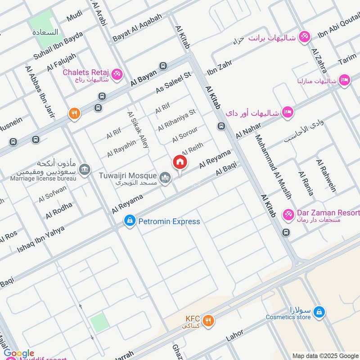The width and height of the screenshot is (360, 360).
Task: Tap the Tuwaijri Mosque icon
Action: tap(166, 178)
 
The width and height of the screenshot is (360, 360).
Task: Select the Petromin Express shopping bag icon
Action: tap(130, 221)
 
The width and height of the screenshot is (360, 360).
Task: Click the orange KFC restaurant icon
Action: tap(207, 321)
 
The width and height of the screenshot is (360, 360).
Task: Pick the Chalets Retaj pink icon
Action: tap(117, 74)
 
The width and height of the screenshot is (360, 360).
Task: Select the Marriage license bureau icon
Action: tap(84, 170)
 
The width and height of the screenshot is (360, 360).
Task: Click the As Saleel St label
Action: tap(173, 83)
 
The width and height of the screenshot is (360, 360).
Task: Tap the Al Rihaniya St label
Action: tap(177, 120)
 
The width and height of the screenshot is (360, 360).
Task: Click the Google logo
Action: tap(19, 353)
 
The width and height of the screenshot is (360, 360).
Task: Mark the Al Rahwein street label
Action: tap(326, 175)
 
